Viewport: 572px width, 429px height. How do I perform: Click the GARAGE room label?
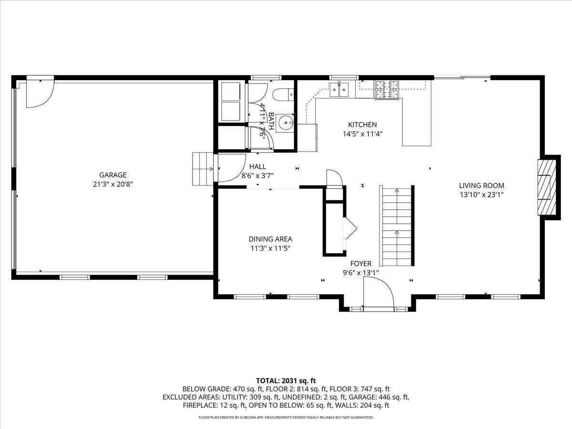pos(113,175)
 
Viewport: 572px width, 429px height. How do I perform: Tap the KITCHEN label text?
pos(363,125)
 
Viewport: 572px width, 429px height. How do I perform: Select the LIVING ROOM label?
pos(481,186)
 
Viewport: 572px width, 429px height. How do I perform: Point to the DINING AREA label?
pos(270,239)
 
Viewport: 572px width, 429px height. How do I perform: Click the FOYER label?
pos(361,264)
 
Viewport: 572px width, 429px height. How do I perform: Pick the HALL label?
pos(257,166)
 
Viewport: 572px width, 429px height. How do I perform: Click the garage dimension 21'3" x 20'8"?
pos(113,184)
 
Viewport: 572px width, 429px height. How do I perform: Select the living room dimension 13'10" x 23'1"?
pos(481,194)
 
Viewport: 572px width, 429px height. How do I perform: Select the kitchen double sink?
pos(340,89)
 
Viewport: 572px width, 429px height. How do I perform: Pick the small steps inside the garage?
pos(202,169)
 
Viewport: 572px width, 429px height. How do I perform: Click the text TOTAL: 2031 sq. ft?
pos(286,380)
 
